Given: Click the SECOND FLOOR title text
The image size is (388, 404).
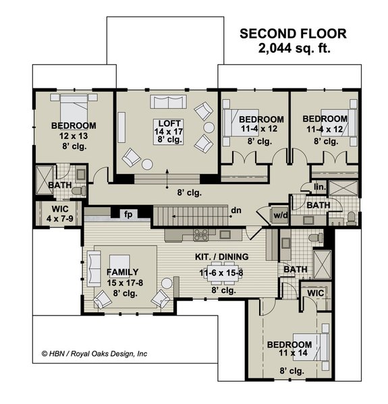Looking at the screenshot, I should (294, 34).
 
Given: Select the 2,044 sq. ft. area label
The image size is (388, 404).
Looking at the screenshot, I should (294, 49).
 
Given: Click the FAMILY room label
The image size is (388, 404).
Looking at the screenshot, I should (122, 272).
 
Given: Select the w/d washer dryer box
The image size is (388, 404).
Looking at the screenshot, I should (279, 216).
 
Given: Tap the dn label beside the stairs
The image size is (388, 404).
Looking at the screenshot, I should (236, 210).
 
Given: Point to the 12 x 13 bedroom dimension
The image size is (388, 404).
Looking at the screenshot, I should (74, 136).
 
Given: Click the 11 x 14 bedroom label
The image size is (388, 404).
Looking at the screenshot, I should (289, 355).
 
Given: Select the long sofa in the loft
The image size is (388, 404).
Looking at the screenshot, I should (168, 102).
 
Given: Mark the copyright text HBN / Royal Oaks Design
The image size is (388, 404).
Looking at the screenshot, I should (94, 353).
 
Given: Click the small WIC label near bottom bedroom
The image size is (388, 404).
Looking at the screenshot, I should (314, 294).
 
